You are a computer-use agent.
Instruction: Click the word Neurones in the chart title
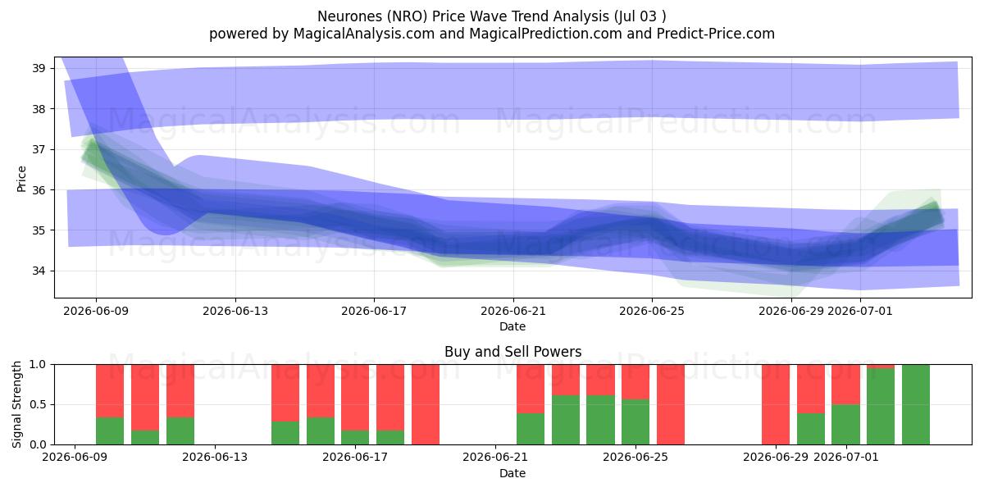tap(349, 16)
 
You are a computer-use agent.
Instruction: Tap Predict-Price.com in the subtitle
tap(716, 34)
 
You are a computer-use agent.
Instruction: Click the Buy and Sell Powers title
tap(512, 352)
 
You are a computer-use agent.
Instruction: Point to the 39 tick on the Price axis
tap(39, 69)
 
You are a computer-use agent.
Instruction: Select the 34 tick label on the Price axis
tap(39, 271)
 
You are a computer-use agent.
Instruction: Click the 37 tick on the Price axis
tap(39, 150)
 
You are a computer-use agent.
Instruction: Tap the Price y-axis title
tap(21, 179)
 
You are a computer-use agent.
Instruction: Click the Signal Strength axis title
tap(16, 404)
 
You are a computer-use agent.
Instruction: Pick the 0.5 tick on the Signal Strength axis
tap(37, 404)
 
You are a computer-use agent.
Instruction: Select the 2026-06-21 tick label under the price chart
tap(513, 312)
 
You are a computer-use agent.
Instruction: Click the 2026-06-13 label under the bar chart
tap(215, 458)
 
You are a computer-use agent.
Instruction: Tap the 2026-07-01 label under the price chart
tap(859, 312)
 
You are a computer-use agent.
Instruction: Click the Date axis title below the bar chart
tap(512, 473)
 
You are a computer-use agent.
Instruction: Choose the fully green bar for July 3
tap(916, 404)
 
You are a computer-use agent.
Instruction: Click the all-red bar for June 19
tap(426, 404)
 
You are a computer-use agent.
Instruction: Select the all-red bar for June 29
tap(776, 404)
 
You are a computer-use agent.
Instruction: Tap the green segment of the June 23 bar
tap(565, 420)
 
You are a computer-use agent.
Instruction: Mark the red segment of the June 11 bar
tap(145, 398)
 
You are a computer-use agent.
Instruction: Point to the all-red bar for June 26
tap(671, 404)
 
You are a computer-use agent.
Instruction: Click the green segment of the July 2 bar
tap(881, 407)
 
